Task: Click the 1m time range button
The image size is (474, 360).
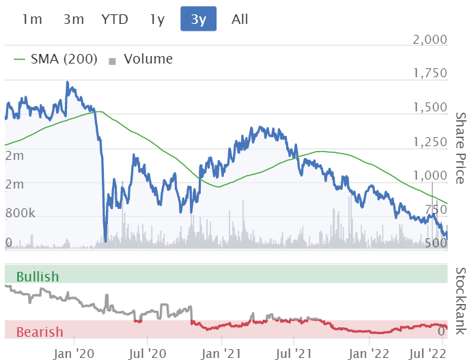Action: point(32,19)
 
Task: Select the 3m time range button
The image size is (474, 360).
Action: point(73,19)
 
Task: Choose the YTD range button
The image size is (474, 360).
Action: point(115,19)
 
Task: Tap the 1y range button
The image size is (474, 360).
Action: point(157,19)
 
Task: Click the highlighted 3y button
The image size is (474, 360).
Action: point(198,19)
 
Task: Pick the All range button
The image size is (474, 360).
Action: point(240,19)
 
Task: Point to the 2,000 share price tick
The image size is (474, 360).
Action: point(430,40)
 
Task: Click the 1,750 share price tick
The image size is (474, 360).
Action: point(430,74)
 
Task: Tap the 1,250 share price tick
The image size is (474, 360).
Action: point(430,142)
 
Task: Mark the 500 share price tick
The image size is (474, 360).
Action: point(436,244)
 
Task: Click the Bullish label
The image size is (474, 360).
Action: point(38,277)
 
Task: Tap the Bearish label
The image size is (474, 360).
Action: point(39,333)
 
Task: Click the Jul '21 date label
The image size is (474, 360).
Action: point(294,353)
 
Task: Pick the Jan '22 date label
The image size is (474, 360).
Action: point(370,353)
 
